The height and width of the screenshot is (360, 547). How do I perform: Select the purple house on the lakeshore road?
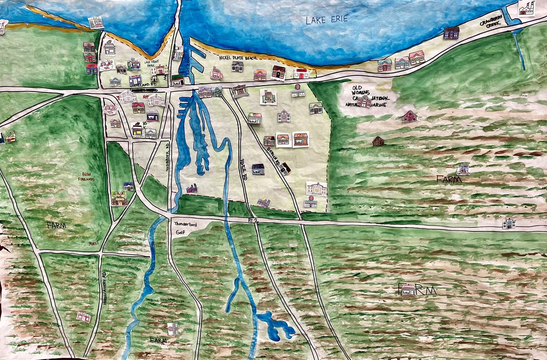click(451, 32)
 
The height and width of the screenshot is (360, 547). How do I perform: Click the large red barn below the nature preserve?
click(409, 116)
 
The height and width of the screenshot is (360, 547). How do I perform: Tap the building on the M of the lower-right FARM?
click(409, 289)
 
